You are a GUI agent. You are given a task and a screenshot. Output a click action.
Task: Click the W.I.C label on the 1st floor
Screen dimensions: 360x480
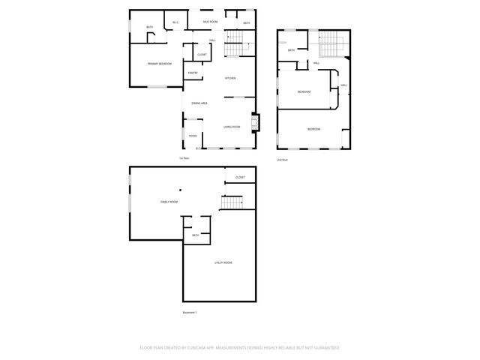pyautogui.click(x=175, y=22)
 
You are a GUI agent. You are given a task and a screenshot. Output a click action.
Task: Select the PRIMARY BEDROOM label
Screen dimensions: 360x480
pyautogui.click(x=159, y=64)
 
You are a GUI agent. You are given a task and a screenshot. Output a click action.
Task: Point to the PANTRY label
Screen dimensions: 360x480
pyautogui.click(x=192, y=73)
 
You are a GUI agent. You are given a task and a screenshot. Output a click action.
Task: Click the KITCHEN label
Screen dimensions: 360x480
pyautogui.click(x=231, y=79)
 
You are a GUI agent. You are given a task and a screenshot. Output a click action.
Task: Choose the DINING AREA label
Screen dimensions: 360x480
pyautogui.click(x=199, y=103)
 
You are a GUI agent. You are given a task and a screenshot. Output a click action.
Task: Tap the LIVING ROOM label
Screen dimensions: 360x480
pyautogui.click(x=231, y=127)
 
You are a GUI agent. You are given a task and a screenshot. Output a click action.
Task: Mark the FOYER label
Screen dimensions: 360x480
pyautogui.click(x=193, y=136)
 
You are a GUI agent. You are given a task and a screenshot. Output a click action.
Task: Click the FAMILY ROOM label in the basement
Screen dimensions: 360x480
pyautogui.click(x=169, y=202)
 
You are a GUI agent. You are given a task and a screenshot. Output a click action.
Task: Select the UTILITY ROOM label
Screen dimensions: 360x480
pyautogui.click(x=223, y=262)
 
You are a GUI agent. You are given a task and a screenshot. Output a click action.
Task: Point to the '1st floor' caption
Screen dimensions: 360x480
pyautogui.click(x=184, y=158)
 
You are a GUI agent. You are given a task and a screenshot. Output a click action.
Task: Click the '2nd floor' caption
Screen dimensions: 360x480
pyautogui.click(x=282, y=160)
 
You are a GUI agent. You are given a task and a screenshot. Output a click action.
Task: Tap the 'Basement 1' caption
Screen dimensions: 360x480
pyautogui.click(x=190, y=312)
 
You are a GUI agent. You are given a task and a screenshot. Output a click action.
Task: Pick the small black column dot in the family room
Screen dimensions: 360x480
pyautogui.click(x=180, y=190)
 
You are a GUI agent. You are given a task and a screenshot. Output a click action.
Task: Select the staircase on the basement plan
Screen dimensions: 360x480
pyautogui.click(x=232, y=202)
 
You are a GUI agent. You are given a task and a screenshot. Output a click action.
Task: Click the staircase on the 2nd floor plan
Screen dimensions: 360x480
pyautogui.click(x=331, y=45)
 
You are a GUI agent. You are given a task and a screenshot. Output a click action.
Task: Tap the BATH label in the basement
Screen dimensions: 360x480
pyautogui.click(x=195, y=235)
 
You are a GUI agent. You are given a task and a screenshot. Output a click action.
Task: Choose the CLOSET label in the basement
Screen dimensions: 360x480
pyautogui.click(x=240, y=178)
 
